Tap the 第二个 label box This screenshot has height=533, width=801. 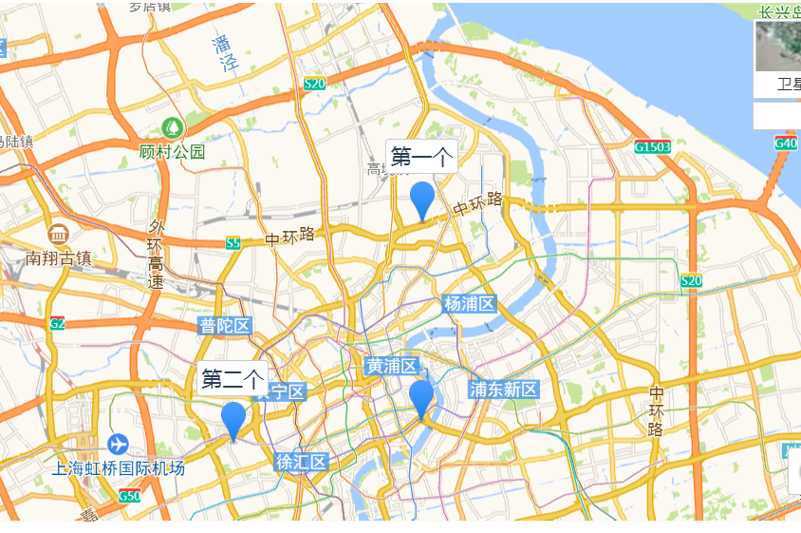coord(233,380)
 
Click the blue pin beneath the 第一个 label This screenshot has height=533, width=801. coord(422,200)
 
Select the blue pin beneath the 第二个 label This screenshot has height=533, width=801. coord(233,419)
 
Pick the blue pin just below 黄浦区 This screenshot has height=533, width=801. coord(421,398)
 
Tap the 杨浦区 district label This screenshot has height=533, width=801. coord(470,304)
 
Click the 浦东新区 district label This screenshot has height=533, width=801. coord(504,390)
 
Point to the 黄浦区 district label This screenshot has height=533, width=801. coord(392,366)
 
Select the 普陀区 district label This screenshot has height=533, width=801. coord(225,327)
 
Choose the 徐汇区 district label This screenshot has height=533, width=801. coord(301,463)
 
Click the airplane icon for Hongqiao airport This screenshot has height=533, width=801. coord(118,444)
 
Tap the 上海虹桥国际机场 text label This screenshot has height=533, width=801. coord(119,468)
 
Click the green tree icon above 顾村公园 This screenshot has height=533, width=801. coord(172,126)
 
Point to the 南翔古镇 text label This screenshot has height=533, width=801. coord(59,257)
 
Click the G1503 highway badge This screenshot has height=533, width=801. coord(653,147)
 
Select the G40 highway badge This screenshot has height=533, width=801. coord(785,143)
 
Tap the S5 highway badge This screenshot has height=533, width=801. coord(233,243)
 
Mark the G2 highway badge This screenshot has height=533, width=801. coord(58,323)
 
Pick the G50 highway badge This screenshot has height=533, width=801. coord(130,496)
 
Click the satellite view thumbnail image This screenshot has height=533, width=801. coord(778,46)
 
